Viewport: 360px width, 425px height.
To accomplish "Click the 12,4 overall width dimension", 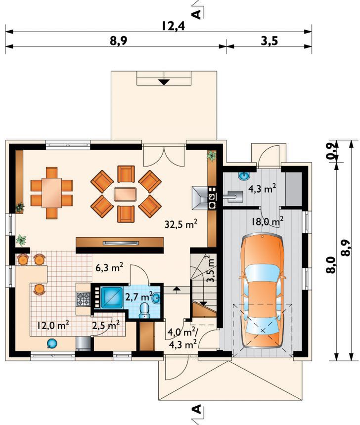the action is point(174,26).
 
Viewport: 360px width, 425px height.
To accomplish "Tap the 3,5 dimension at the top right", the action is point(270,41).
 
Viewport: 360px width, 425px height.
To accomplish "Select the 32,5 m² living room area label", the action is point(181,224).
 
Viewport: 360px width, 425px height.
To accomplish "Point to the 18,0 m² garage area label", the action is point(268,221).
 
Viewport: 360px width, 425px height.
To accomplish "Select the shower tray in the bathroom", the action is point(112,297).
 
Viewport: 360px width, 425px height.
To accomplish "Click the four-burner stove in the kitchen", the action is point(83,299).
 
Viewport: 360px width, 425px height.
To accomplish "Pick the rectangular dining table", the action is point(51,193).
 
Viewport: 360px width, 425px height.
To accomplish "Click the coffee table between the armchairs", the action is point(126,194).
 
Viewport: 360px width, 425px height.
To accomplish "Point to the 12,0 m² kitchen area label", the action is point(53,325).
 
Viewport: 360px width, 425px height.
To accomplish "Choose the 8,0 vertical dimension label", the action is point(333,266).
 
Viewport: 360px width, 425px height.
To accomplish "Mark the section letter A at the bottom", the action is point(197,409).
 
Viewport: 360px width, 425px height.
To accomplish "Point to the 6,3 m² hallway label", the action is point(110,267).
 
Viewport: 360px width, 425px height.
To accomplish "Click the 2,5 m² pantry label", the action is point(106,325).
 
